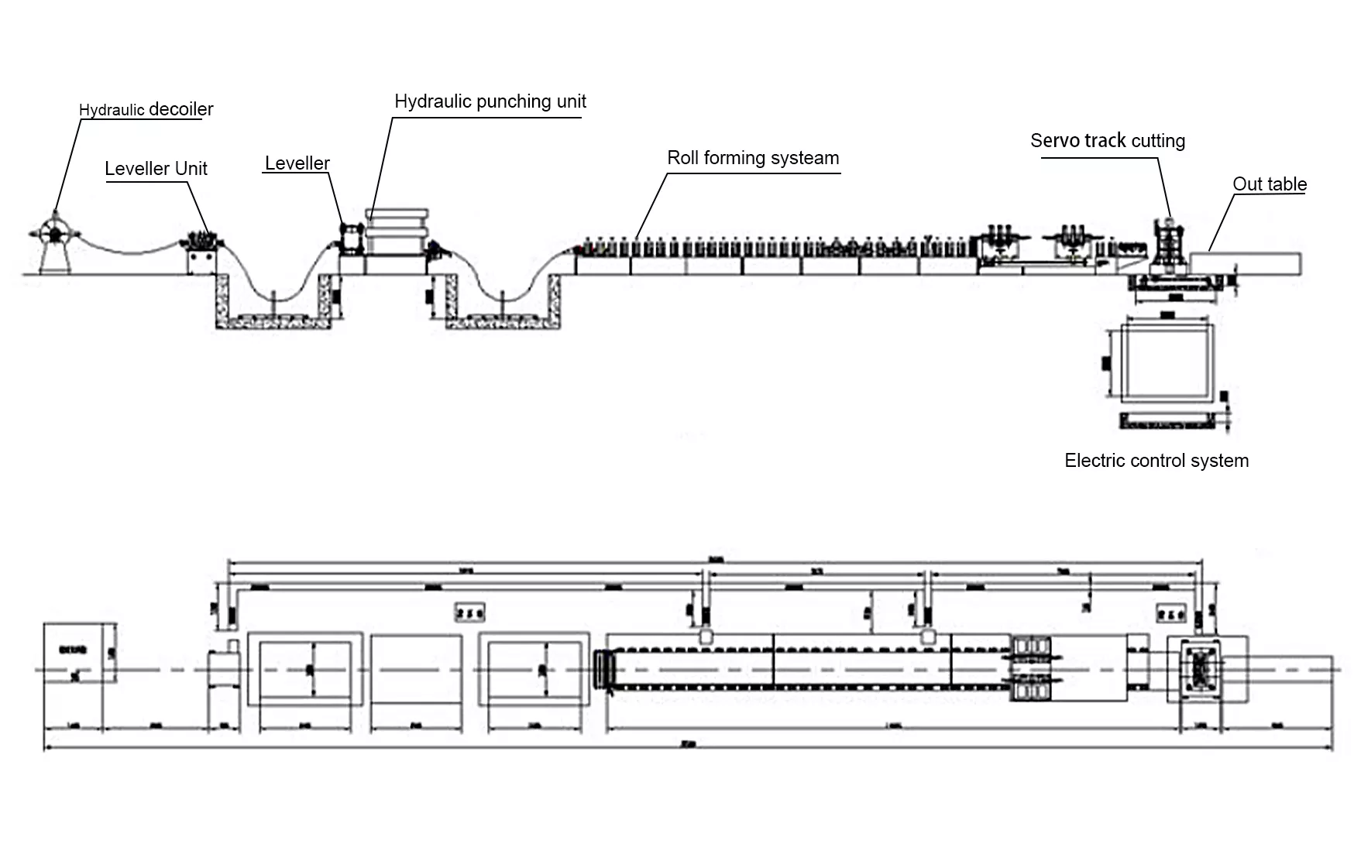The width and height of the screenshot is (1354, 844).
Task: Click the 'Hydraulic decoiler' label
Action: click(146, 109)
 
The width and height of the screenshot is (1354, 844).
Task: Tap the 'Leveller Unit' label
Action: click(156, 169)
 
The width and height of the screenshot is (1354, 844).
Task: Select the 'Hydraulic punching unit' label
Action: click(490, 101)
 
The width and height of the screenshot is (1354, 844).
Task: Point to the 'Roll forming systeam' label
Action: click(753, 158)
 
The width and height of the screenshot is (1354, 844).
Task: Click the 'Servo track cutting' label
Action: click(1107, 141)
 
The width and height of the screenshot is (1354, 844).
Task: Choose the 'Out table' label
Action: click(1269, 184)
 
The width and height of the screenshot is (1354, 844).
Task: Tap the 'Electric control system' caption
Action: click(1156, 461)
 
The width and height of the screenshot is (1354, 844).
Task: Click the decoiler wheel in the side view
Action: click(54, 233)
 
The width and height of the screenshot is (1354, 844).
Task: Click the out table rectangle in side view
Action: click(1246, 262)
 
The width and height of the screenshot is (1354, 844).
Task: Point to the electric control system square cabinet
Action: click(1167, 362)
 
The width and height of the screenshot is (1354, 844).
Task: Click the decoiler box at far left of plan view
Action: click(79, 653)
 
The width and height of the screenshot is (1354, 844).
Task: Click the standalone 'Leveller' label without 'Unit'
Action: click(297, 163)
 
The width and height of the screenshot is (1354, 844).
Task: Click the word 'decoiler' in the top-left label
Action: click(180, 109)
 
